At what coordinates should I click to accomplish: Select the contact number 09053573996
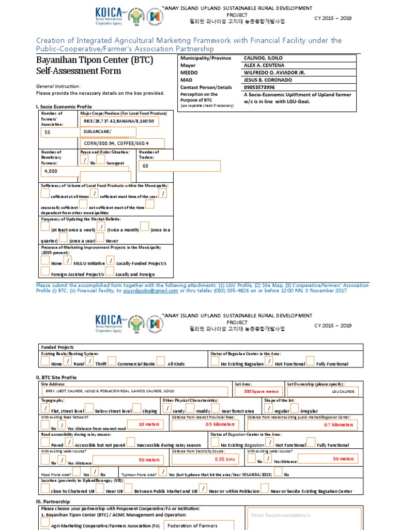[259, 87]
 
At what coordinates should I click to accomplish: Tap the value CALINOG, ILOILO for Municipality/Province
[263, 58]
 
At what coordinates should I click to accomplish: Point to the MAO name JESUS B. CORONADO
[267, 80]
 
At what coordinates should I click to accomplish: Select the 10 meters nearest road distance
[149, 424]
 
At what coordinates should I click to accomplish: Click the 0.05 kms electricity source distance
[224, 459]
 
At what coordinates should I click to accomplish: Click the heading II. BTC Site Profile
[56, 377]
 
